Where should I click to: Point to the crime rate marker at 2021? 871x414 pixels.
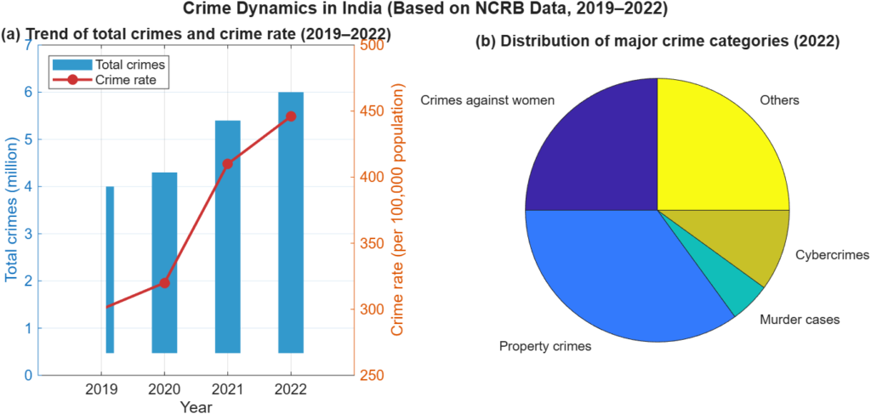click(x=228, y=164)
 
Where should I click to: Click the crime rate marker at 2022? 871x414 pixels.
click(x=291, y=116)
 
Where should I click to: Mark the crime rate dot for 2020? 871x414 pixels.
click(x=164, y=283)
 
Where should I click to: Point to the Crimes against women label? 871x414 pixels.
click(x=487, y=100)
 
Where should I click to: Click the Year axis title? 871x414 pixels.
click(x=196, y=407)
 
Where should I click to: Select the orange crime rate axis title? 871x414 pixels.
click(x=396, y=211)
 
